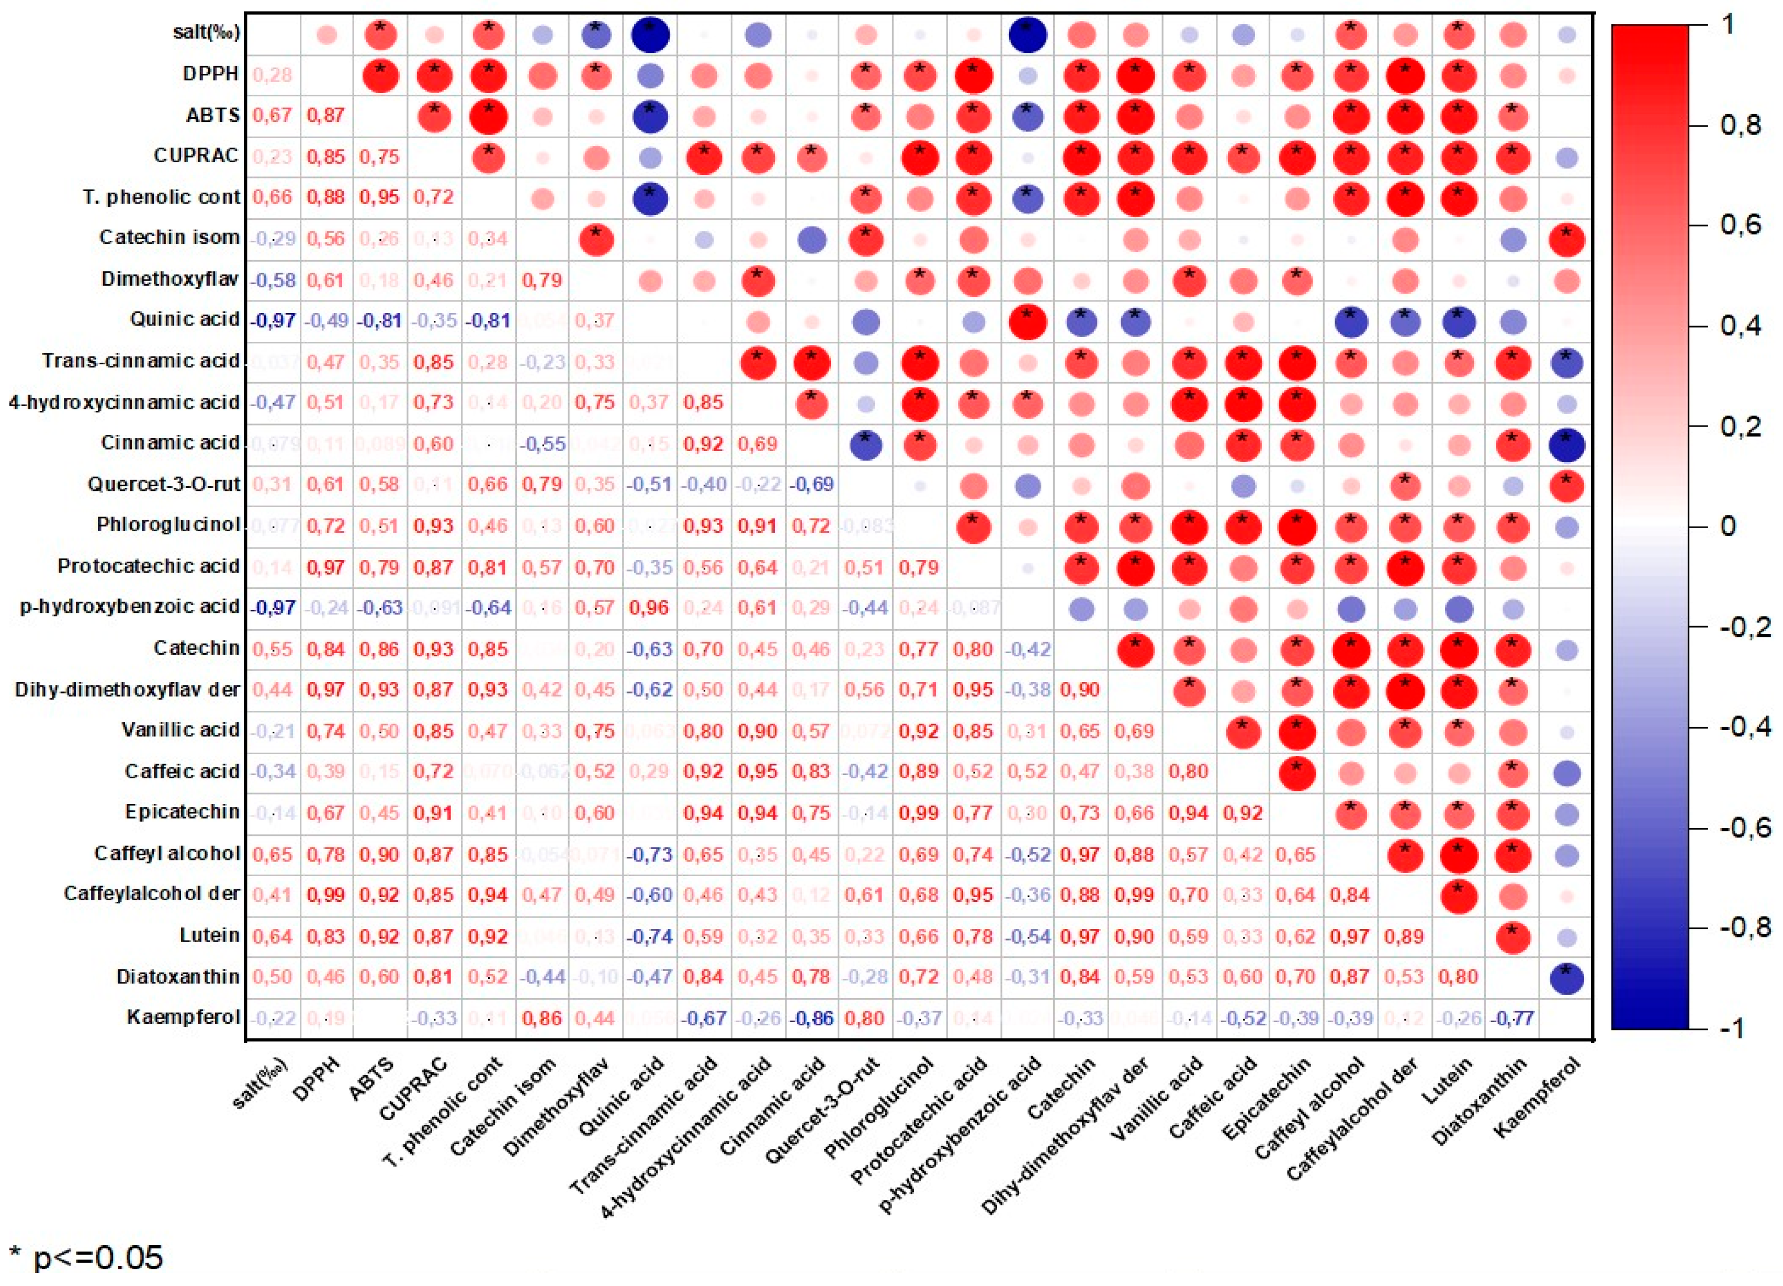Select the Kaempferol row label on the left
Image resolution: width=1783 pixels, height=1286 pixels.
coord(183,1017)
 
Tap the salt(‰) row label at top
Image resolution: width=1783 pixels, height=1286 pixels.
coord(206,32)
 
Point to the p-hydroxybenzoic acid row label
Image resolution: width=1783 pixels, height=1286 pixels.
coord(130,607)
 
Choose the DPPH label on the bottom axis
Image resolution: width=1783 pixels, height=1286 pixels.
coord(319,1078)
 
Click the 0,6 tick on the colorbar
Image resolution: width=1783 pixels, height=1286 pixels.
coord(1737,226)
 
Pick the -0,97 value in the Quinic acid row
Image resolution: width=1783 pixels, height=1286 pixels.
coord(273,321)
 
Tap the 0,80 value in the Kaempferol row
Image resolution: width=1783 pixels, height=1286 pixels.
coord(865,1018)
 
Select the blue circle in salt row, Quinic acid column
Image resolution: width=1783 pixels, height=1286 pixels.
coord(651,35)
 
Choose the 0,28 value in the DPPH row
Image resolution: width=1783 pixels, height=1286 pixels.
coord(273,75)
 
